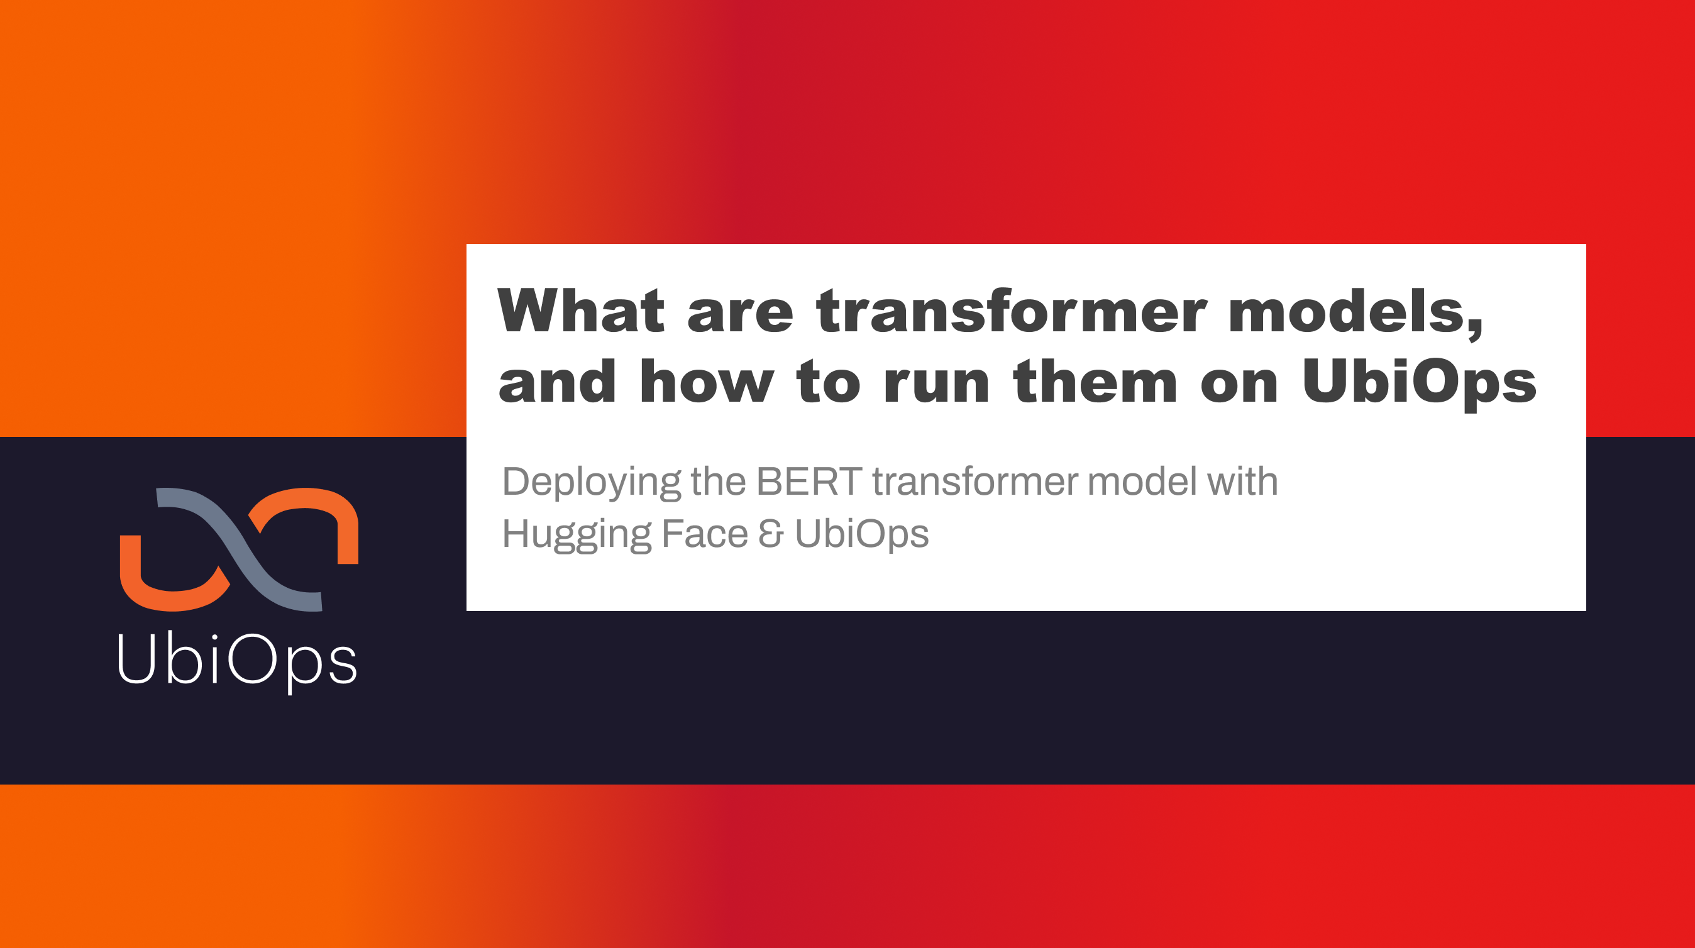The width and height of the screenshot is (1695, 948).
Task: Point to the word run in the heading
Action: [x=936, y=383]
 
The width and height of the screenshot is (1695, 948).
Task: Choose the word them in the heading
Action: [x=1095, y=383]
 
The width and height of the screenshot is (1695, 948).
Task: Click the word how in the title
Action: [x=706, y=383]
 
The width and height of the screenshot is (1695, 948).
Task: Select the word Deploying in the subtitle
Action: [x=590, y=482]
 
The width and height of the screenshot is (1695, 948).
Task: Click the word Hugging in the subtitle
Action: [x=576, y=534]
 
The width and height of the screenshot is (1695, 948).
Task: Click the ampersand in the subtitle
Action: [x=771, y=534]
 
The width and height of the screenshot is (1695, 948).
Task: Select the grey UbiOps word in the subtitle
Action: [x=861, y=534]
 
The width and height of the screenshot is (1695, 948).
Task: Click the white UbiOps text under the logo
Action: [x=237, y=659]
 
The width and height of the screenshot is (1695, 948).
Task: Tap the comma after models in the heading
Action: [x=1475, y=329]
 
